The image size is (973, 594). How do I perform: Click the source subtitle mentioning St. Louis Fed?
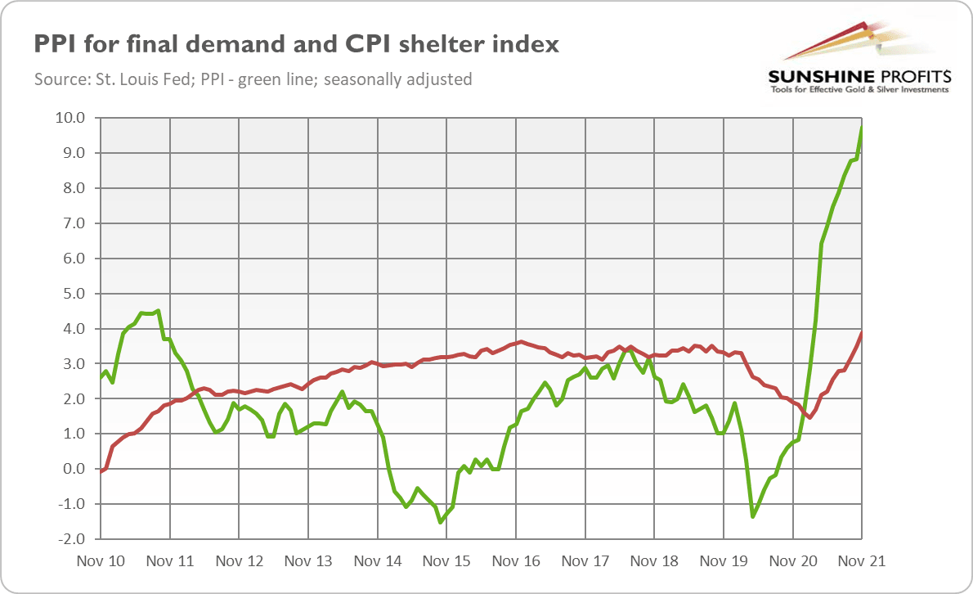tap(253, 79)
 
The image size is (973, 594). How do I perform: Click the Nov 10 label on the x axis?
tap(101, 562)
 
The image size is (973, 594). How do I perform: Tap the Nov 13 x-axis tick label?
tap(308, 562)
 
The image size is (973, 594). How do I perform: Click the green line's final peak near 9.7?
tap(862, 128)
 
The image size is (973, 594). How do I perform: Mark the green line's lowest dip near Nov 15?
tap(440, 522)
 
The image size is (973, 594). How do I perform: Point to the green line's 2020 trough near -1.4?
tap(752, 516)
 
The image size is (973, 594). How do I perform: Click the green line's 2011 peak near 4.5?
tap(158, 311)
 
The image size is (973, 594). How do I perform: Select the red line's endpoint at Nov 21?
tap(862, 332)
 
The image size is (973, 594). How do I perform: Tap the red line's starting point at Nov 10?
tap(101, 472)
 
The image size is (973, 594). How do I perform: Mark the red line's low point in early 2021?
tap(809, 417)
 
